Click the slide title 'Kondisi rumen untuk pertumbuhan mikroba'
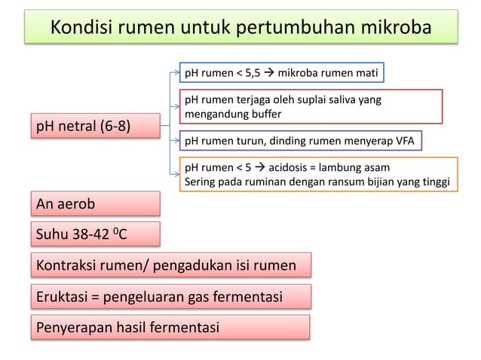coord(240,28)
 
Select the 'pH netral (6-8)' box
coord(95,126)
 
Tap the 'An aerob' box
coord(95,203)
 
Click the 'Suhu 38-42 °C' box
coord(95,234)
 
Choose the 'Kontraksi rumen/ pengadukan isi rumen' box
coord(170,265)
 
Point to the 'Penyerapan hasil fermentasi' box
coord(170,328)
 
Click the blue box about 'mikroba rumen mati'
coord(281,73)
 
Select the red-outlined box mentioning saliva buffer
coord(310,106)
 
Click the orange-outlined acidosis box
coord(317,175)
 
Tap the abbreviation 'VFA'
coord(406,141)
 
